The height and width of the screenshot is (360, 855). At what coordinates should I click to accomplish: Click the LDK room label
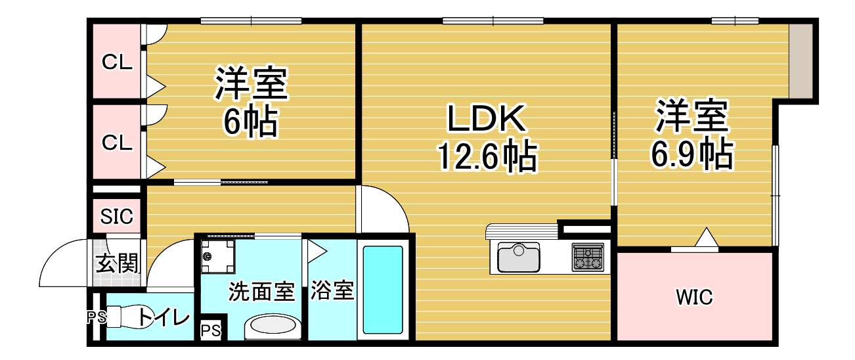(486, 119)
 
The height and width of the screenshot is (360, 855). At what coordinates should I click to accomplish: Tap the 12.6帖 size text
(487, 156)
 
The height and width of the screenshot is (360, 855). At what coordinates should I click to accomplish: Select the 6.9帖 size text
(691, 153)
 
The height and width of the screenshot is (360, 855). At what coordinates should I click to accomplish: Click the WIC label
(694, 297)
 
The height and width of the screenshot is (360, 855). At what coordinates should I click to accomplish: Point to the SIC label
(117, 216)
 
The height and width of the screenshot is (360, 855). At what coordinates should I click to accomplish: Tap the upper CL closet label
(117, 62)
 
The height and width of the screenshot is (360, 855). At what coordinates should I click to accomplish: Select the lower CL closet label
(117, 143)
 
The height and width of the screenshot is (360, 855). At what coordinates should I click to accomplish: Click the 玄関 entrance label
(116, 263)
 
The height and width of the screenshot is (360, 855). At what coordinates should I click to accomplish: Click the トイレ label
(164, 317)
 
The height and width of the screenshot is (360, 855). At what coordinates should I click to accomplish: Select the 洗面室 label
(261, 292)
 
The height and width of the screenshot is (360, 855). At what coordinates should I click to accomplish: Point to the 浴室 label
(332, 290)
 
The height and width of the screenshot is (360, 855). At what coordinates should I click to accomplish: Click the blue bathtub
(382, 290)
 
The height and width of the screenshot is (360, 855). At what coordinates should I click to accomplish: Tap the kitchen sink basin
(519, 258)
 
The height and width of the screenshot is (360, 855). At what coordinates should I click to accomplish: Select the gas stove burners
(588, 258)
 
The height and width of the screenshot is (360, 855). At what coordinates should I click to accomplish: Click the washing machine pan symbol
(217, 256)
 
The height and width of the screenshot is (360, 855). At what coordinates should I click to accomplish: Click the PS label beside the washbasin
(211, 330)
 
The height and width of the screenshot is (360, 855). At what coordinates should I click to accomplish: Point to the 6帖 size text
(250, 121)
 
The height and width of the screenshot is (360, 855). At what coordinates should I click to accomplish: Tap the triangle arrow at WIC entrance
(707, 237)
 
